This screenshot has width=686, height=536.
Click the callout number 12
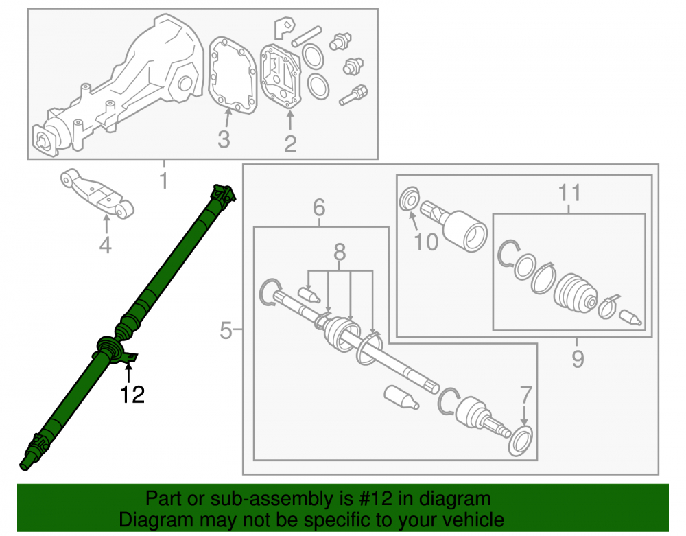(x=132, y=395)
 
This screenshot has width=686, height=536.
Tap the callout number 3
(x=224, y=139)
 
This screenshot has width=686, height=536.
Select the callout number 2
(x=290, y=144)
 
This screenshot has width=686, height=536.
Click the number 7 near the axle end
(x=525, y=395)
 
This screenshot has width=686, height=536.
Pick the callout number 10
(x=426, y=242)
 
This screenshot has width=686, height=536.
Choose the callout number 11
(x=569, y=193)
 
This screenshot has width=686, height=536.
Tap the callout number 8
(x=340, y=253)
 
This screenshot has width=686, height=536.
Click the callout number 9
(x=578, y=359)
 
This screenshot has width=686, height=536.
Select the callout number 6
(x=320, y=207)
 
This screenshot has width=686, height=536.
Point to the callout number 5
(x=226, y=330)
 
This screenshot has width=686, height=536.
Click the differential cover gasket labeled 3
(x=233, y=75)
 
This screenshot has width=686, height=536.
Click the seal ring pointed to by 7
(x=520, y=441)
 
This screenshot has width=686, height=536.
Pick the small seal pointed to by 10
(x=410, y=198)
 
